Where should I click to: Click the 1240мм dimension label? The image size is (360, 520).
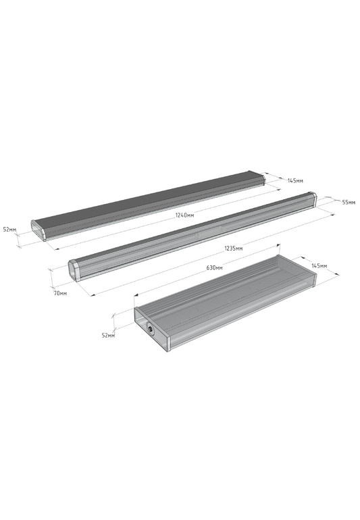point(184,215)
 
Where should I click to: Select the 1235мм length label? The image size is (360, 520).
point(233,248)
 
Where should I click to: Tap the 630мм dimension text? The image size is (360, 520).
point(214,267)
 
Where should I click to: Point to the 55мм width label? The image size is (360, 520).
point(349,202)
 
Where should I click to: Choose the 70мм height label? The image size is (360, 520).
point(60,293)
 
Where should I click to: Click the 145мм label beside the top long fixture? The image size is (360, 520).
point(295,181)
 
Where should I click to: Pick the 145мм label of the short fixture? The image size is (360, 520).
point(319,266)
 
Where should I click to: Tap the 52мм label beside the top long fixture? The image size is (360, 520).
point(9,229)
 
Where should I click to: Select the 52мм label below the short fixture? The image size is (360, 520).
point(108,335)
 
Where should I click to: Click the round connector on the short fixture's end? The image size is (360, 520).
point(151,330)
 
